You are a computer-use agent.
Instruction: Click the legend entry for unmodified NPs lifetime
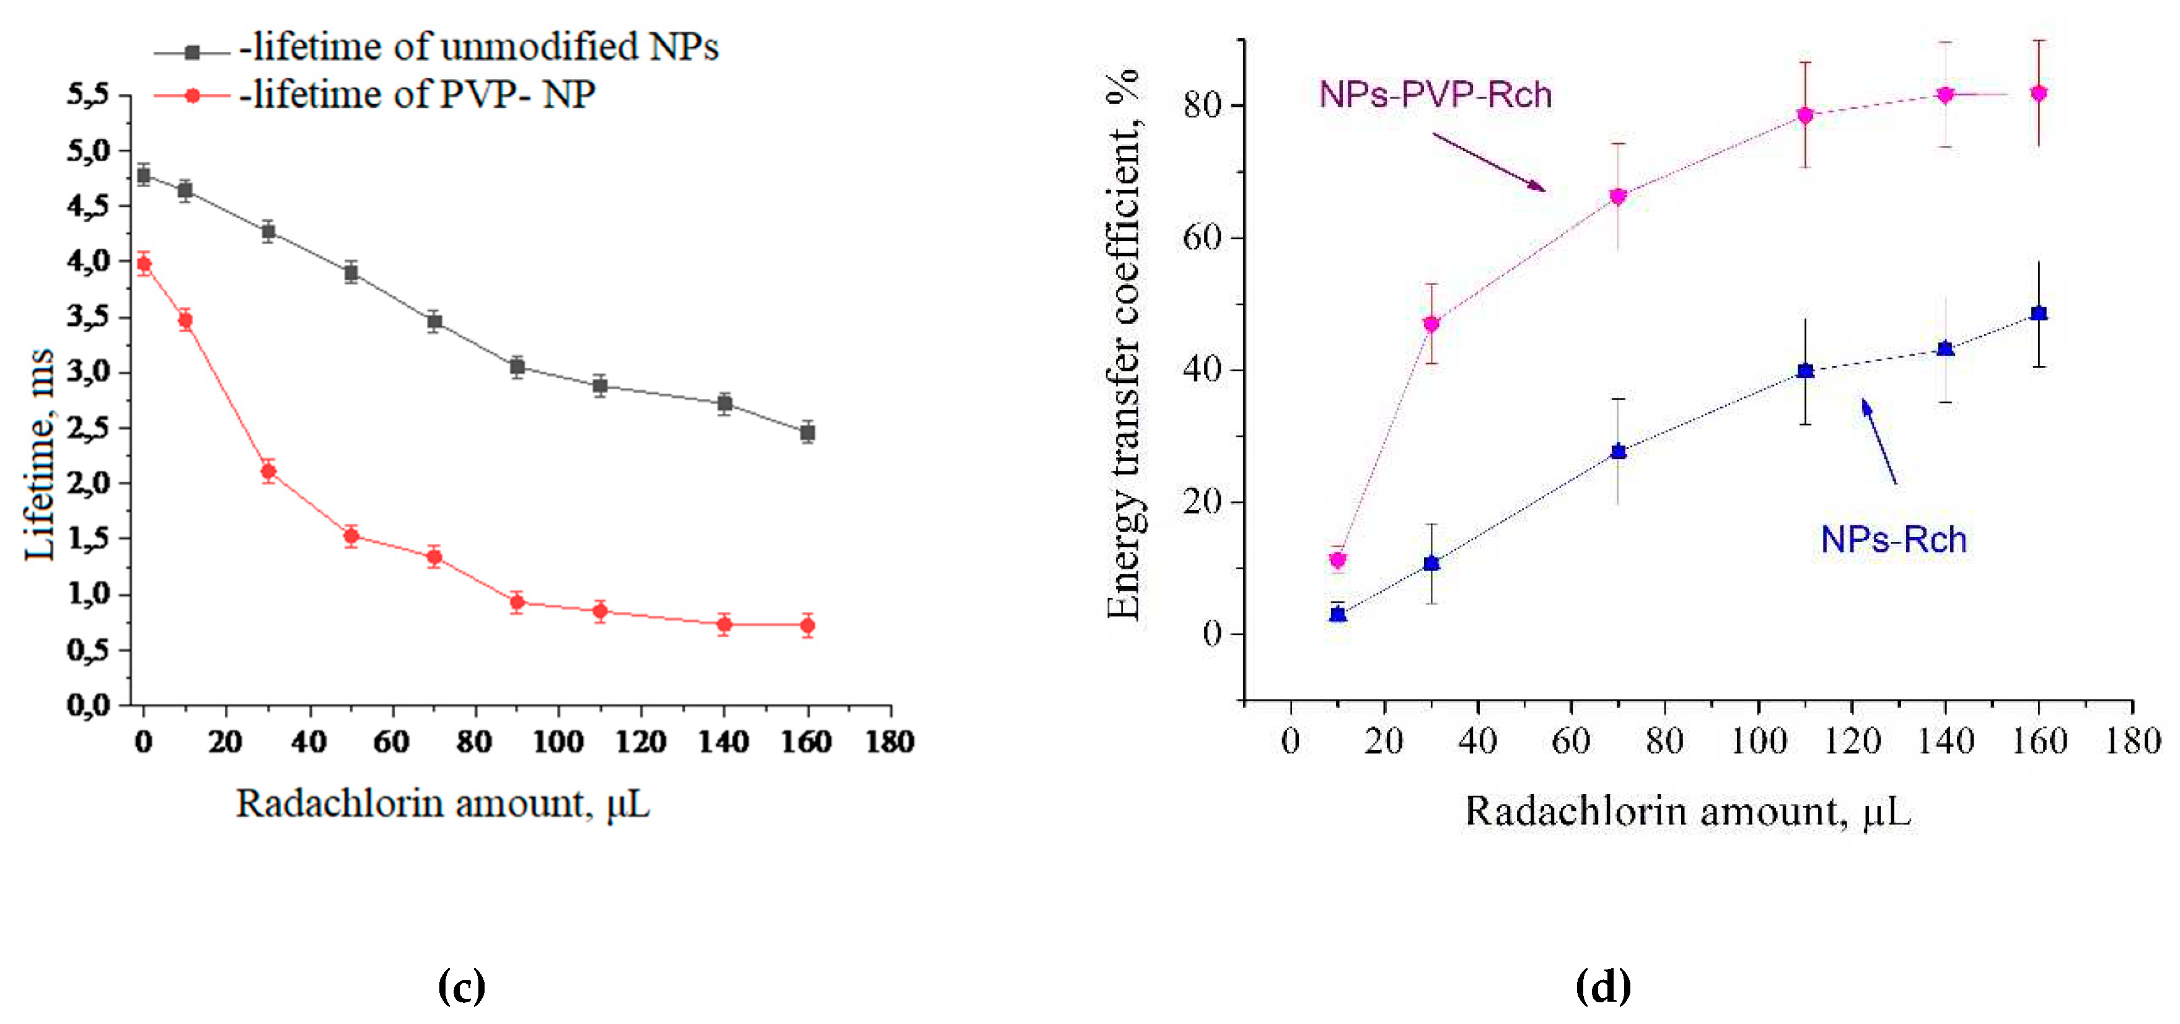[436, 48]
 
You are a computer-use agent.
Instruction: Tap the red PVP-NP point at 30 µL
[268, 471]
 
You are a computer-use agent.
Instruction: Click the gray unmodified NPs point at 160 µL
[807, 432]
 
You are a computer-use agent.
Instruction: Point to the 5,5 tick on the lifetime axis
[88, 95]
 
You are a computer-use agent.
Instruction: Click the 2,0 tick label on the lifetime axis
[88, 483]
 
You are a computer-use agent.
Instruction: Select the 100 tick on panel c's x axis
[558, 742]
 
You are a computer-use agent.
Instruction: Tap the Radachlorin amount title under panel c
[442, 804]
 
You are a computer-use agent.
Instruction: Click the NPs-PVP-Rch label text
[1435, 95]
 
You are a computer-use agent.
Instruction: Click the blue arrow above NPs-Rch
[1879, 441]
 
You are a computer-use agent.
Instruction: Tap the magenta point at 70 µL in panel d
[1618, 196]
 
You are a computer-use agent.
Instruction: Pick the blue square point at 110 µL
[1805, 370]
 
